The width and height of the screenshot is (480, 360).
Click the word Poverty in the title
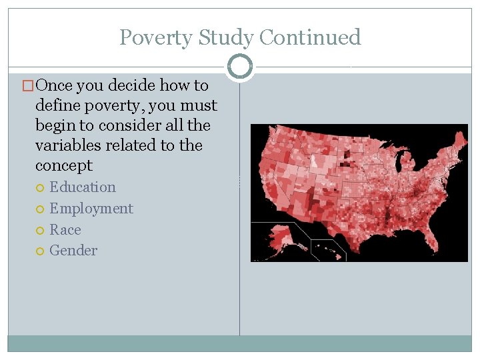click(151, 37)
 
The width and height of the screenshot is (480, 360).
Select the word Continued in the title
click(310, 37)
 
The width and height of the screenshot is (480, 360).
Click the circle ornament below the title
click(239, 67)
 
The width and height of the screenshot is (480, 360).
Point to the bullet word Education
click(83, 187)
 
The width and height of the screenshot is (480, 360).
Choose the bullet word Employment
click(91, 209)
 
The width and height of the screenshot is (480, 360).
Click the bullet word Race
click(65, 230)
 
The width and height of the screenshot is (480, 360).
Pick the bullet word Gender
click(73, 251)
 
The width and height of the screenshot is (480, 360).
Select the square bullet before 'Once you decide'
click(28, 86)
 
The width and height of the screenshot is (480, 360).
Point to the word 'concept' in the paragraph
click(64, 165)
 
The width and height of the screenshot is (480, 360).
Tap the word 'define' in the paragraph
click(56, 105)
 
